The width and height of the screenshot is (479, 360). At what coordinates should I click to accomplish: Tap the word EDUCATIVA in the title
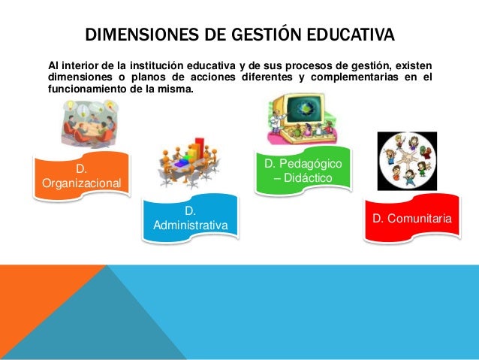pos(347,35)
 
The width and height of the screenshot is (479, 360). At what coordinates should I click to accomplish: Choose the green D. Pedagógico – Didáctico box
pos(303,170)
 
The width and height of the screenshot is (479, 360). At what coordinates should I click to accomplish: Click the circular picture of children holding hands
pos(406,162)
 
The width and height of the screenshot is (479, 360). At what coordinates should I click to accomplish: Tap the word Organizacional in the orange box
pos(81,183)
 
